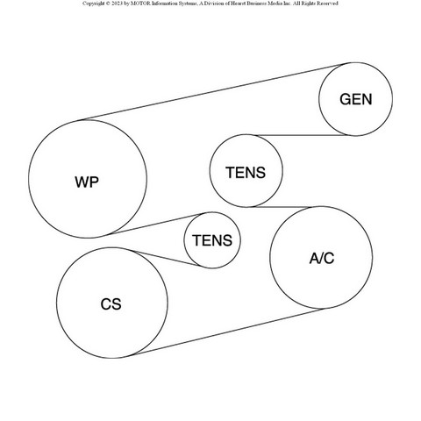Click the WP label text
[87, 182]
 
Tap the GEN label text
[356, 99]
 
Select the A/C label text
[322, 258]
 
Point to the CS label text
[111, 304]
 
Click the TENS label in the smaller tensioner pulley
[212, 240]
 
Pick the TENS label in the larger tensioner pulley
[246, 172]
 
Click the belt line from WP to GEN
[213, 91]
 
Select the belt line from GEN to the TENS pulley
[302, 135]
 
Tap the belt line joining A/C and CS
[227, 332]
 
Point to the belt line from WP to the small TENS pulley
[154, 225]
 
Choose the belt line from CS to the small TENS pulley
[166, 258]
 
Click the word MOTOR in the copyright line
[142, 4]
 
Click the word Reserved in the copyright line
[327, 4]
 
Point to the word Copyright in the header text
[93, 4]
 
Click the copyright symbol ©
[108, 4]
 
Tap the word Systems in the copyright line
[186, 4]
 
